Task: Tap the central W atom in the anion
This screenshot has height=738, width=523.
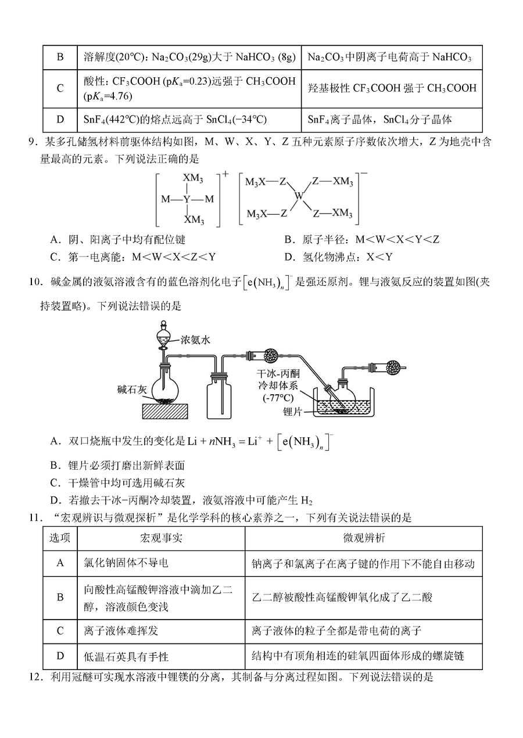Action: [x=299, y=197]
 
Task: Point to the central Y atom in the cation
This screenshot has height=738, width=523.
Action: [x=187, y=199]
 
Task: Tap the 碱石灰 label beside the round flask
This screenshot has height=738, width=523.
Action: [x=131, y=390]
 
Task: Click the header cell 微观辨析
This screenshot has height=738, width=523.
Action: [x=363, y=538]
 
